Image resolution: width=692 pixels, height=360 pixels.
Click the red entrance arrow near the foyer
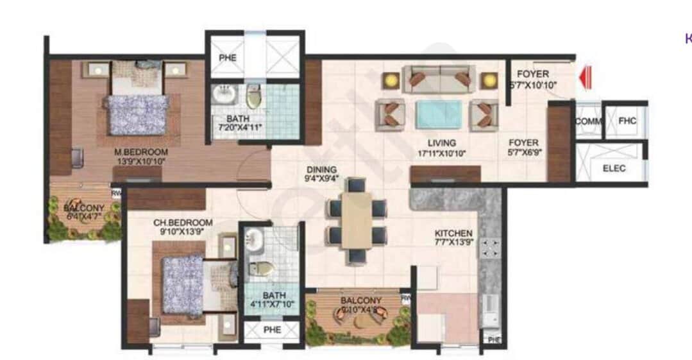pyautogui.click(x=584, y=79)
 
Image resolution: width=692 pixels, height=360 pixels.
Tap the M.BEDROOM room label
pyautogui.click(x=141, y=152)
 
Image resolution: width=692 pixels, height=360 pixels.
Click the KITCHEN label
pyautogui.click(x=453, y=233)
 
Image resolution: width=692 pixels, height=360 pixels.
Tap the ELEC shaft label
pyautogui.click(x=614, y=169)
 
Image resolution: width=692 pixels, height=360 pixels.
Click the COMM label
pyautogui.click(x=587, y=121)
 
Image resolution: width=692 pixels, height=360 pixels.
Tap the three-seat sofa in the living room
pyautogui.click(x=439, y=78)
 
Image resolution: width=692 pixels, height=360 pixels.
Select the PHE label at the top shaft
pyautogui.click(x=227, y=58)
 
